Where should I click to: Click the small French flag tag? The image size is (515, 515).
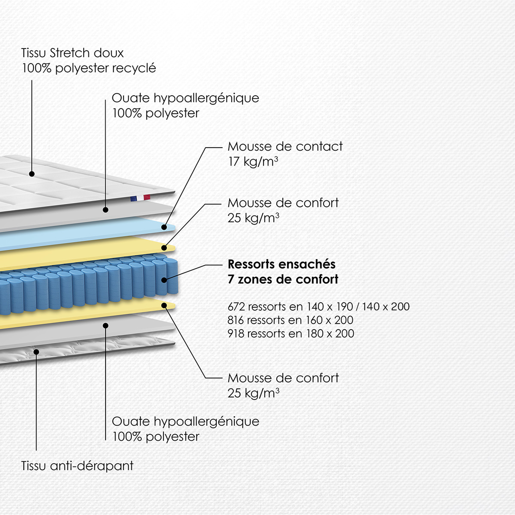pyautogui.click(x=140, y=198)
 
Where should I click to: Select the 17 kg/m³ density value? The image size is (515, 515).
pyautogui.click(x=253, y=161)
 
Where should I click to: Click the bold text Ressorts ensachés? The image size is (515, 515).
pyautogui.click(x=281, y=264)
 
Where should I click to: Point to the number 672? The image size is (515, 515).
pyautogui.click(x=236, y=307)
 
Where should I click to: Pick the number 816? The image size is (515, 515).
pyautogui.click(x=236, y=320)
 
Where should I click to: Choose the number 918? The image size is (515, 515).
pyautogui.click(x=236, y=333)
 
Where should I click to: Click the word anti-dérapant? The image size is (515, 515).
pyautogui.click(x=92, y=466)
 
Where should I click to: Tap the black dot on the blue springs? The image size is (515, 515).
pyautogui.click(x=164, y=280)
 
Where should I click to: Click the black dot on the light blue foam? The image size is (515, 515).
pyautogui.click(x=164, y=227)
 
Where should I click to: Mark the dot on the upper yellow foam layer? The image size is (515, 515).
pyautogui.click(x=164, y=248)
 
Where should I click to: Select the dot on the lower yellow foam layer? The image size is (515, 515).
pyautogui.click(x=164, y=306)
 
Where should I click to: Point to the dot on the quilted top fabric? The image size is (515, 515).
pyautogui.click(x=32, y=174)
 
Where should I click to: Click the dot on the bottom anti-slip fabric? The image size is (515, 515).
pyautogui.click(x=36, y=352)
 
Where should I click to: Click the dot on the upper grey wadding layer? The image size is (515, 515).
pyautogui.click(x=106, y=210)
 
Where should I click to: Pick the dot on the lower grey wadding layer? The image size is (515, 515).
pyautogui.click(x=106, y=325)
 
